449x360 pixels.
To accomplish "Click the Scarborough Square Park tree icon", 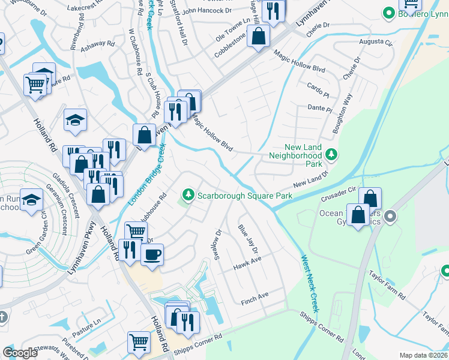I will [188, 195].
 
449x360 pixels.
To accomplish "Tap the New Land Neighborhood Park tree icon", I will [331, 155].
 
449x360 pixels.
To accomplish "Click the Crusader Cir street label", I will [339, 193].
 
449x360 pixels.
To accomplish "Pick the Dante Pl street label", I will [319, 109].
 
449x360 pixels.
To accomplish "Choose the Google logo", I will [20, 353].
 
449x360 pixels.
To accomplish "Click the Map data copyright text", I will [423, 355].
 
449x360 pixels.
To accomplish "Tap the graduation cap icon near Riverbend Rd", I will [76, 120].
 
